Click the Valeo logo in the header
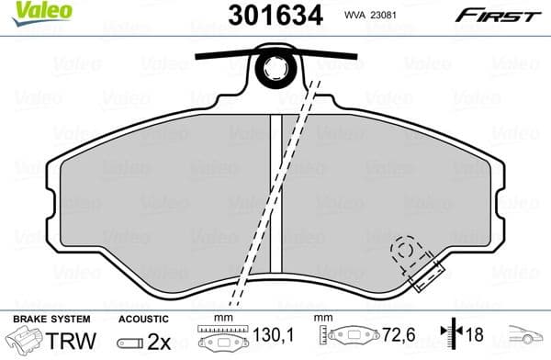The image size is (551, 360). pos(26,12)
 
